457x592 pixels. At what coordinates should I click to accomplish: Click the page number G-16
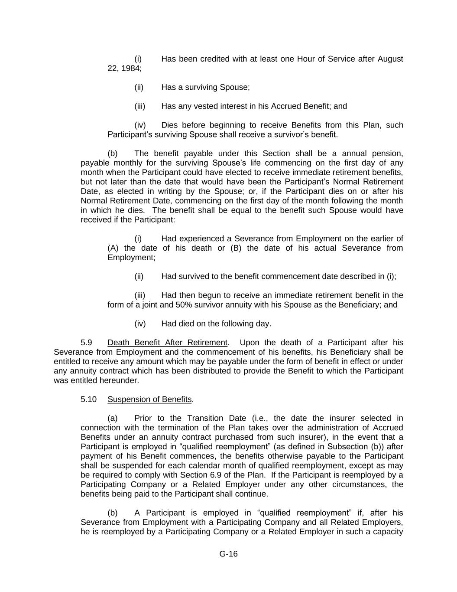pos(228,554)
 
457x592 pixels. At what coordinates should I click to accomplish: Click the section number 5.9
pos(86,343)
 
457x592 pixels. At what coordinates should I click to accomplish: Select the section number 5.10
pos(88,399)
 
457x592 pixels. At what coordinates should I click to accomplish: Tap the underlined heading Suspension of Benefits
pos(149,399)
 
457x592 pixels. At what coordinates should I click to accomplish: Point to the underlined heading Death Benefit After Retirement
pos(167,343)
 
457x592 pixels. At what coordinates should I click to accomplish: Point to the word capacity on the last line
pos(389,532)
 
